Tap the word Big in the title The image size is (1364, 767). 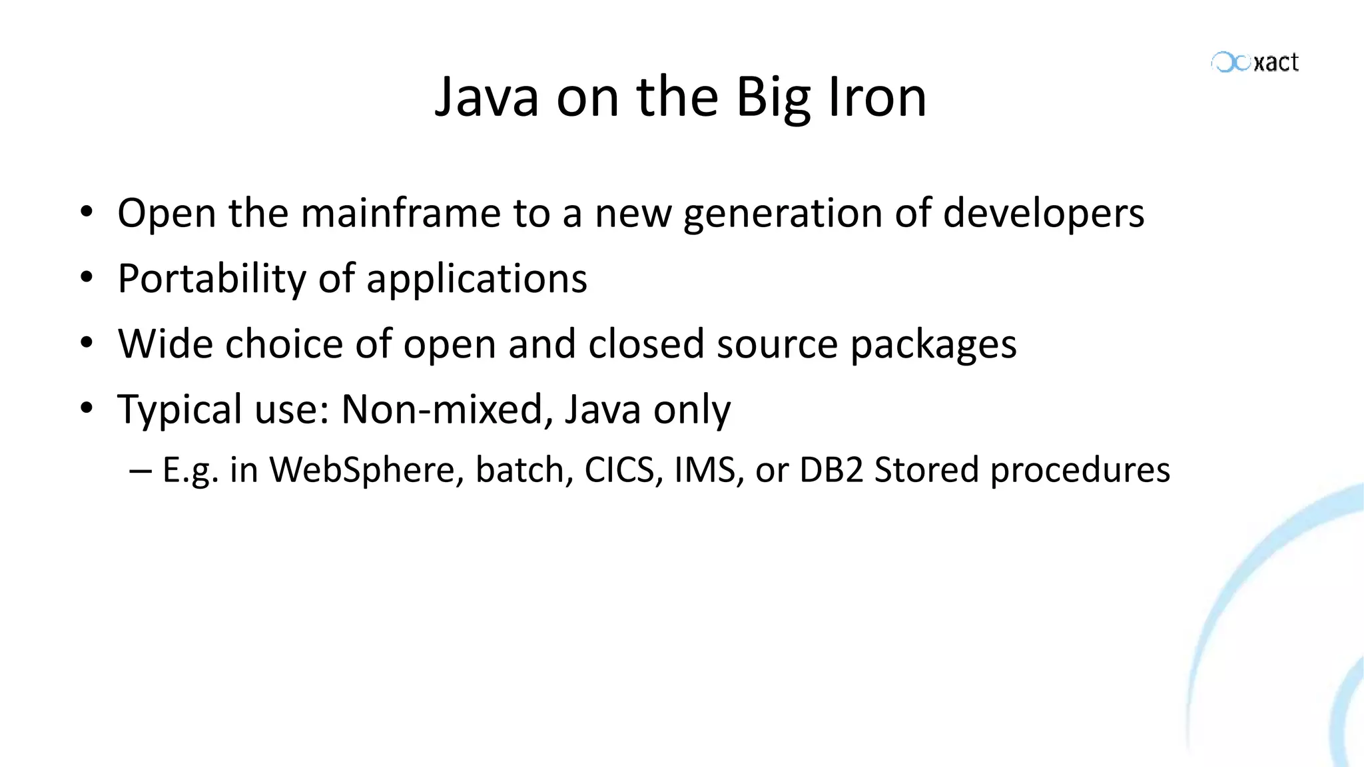coord(775,99)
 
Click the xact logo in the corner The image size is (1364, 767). coord(1255,63)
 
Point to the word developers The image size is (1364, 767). coord(1044,214)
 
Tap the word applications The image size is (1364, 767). coord(477,280)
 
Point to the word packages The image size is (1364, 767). coord(934,345)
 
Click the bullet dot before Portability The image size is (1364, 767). coord(86,278)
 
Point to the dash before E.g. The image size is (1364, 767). coord(141,471)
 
